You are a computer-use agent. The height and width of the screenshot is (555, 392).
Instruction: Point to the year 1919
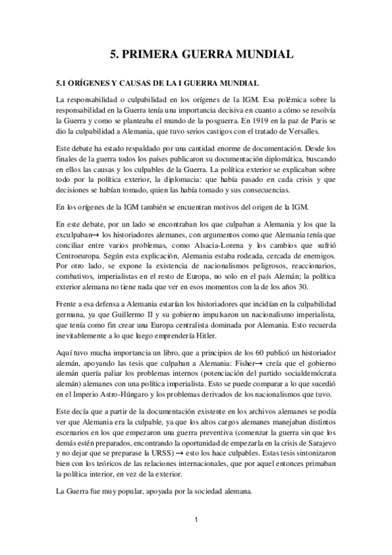tap(260, 122)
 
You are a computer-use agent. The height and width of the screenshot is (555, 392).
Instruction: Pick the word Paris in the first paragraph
tap(317, 122)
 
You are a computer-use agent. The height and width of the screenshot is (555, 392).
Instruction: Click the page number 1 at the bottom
tap(196, 520)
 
